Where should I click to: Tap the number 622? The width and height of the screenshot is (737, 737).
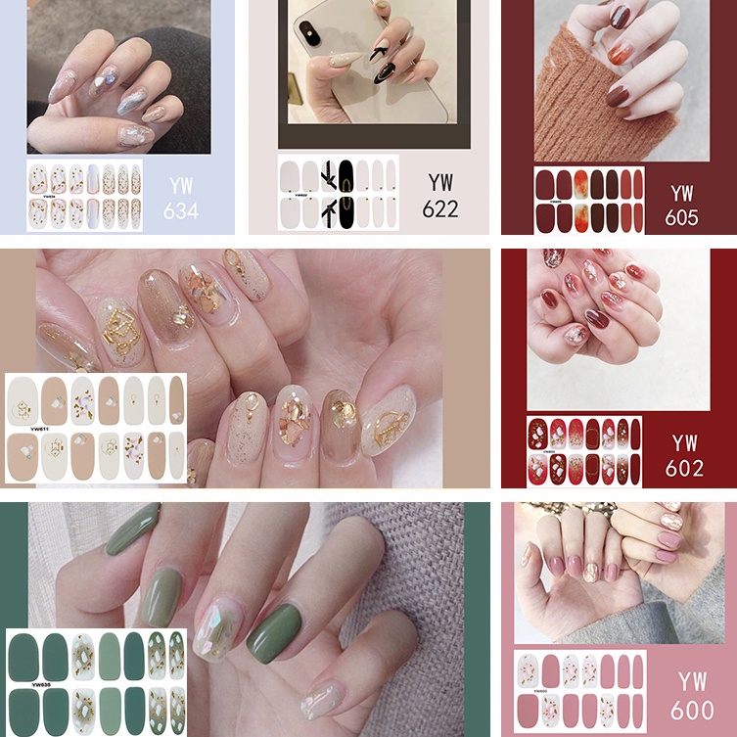[x=440, y=208]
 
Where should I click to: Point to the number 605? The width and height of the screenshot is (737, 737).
[x=681, y=217]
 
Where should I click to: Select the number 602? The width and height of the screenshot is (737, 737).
[x=684, y=468]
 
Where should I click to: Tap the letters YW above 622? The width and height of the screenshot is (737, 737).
[x=440, y=182]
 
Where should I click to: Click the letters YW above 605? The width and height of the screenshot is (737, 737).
[x=682, y=192]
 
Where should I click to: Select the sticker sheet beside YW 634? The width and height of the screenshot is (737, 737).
[x=84, y=197]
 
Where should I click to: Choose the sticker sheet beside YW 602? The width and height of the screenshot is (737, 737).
[x=584, y=451]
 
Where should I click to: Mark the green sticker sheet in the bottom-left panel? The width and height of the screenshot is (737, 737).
[x=95, y=681]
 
